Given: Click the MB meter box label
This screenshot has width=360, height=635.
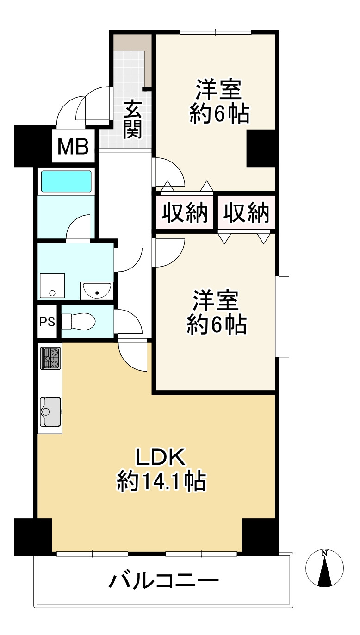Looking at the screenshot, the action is (73, 147).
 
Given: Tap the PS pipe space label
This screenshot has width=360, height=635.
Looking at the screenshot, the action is (47, 322).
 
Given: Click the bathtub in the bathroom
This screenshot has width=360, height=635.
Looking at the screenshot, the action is (66, 181).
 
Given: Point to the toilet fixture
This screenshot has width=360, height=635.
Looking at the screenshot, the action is (78, 322).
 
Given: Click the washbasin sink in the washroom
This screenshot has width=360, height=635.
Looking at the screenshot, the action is (97, 291).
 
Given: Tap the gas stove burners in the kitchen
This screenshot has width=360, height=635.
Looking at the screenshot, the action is (50, 358).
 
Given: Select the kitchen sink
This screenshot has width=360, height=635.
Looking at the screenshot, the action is (50, 411).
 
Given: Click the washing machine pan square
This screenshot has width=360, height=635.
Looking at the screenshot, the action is (52, 286).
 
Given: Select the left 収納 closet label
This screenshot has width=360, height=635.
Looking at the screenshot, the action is (185, 212).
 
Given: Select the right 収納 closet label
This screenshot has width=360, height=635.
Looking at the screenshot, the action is (246, 212).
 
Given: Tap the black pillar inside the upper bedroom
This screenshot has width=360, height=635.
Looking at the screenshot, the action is (261, 148).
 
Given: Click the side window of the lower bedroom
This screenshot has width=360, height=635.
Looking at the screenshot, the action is (282, 317).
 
